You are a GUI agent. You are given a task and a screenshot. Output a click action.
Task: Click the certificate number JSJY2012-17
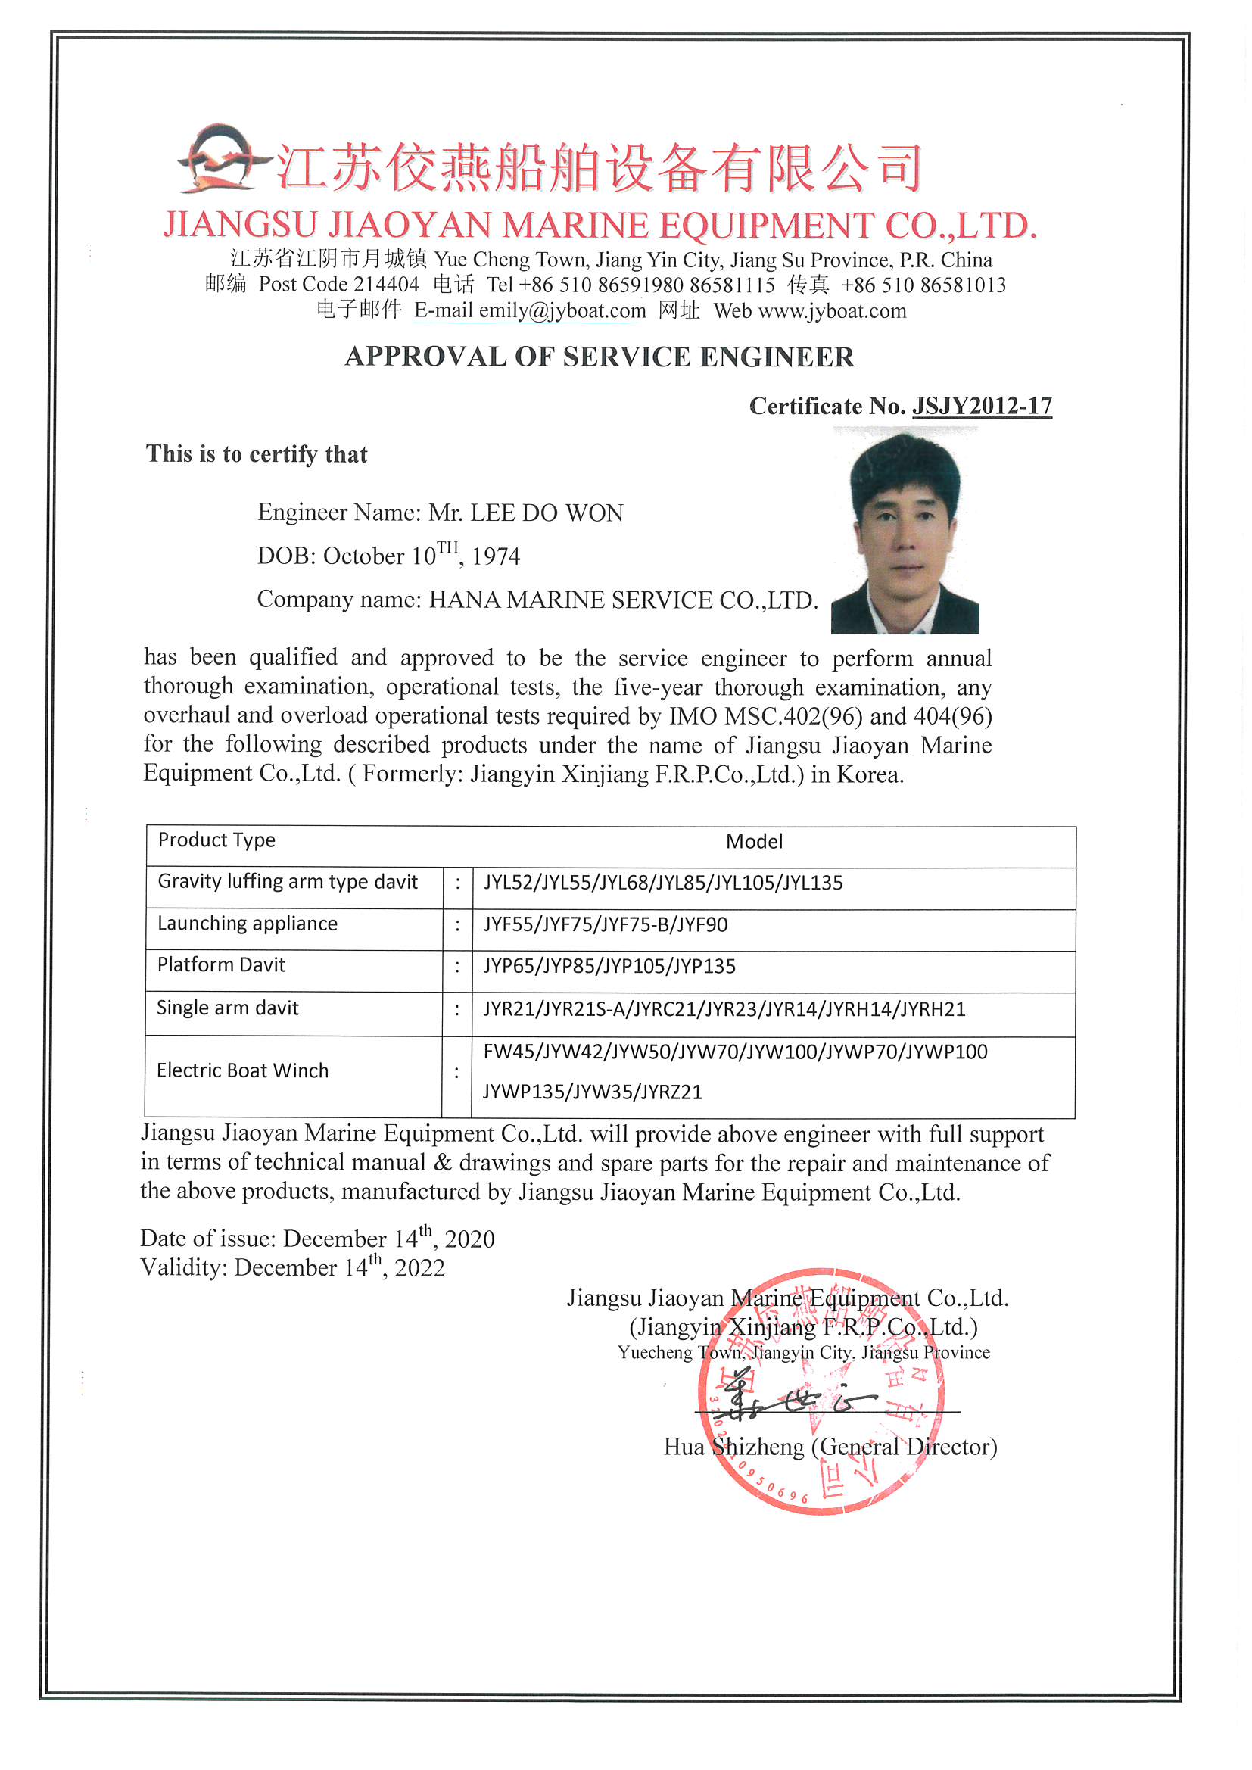point(982,407)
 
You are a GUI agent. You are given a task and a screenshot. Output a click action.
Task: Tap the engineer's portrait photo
point(905,531)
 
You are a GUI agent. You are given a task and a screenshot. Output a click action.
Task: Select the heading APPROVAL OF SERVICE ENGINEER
point(599,357)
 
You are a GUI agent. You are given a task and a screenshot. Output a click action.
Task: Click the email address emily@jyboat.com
point(562,310)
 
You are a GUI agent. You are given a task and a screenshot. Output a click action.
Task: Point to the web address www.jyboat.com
point(832,310)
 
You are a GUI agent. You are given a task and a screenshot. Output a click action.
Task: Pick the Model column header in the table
point(754,842)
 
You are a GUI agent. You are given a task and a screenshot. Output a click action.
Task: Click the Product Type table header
point(216,840)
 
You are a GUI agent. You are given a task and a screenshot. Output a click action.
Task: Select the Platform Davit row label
point(221,965)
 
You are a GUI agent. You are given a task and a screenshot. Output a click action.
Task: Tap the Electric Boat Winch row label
point(243,1070)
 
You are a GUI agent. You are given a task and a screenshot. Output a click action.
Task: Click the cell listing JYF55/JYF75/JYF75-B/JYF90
point(606,924)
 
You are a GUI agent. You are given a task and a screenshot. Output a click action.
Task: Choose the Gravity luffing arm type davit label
point(288,882)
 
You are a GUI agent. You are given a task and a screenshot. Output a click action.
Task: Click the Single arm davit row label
point(227,1008)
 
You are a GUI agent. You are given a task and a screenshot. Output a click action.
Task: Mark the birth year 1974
point(496,556)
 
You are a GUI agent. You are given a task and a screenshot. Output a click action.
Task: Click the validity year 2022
point(419,1268)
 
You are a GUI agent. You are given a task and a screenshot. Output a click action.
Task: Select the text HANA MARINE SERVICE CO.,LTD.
point(623,600)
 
